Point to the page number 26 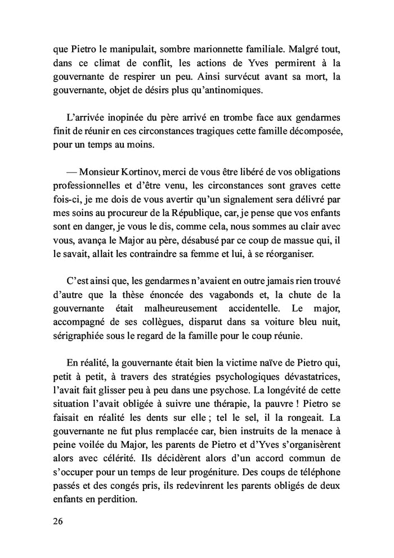tap(59, 520)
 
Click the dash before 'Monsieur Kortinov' tap(73, 172)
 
